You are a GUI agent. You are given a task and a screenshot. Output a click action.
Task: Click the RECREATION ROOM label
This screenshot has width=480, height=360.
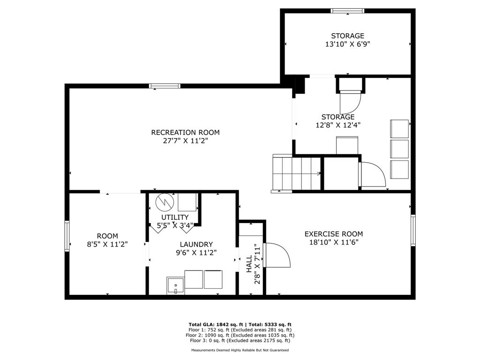185,133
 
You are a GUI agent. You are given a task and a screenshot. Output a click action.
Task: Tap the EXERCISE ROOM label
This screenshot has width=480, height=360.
334,234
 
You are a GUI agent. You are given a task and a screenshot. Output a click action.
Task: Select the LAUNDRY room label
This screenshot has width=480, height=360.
196,244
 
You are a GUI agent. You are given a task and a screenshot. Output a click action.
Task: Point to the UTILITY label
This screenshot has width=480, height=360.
175,217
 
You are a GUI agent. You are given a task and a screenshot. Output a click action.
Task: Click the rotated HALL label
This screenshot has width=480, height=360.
249,264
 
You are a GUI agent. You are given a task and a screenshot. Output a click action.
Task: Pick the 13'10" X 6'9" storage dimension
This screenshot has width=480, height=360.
348,44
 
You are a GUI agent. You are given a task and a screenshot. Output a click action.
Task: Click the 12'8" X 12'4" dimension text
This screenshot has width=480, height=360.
338,125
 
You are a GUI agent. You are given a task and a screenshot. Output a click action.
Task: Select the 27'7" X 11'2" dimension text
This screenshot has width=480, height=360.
185,141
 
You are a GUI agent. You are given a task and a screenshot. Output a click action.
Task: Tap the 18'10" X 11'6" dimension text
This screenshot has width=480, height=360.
334,242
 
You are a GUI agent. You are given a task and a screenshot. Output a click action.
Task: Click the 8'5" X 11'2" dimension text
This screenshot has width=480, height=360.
107,244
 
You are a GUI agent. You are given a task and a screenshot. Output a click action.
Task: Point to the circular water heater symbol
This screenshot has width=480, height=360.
165,202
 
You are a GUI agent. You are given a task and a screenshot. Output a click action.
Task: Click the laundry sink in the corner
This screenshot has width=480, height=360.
175,286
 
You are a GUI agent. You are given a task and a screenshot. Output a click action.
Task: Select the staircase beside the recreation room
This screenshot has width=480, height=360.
296,173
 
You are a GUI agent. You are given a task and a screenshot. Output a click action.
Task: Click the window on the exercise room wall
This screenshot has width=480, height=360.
413,230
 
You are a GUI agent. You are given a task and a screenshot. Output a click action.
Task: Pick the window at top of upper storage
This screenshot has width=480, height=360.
347,11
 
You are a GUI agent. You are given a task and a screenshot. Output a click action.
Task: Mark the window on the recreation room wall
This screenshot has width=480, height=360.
165,86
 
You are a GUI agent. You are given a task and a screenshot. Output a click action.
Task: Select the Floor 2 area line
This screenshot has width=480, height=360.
240,335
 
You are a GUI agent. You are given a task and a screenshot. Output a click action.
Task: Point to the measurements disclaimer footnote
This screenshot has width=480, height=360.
240,350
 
